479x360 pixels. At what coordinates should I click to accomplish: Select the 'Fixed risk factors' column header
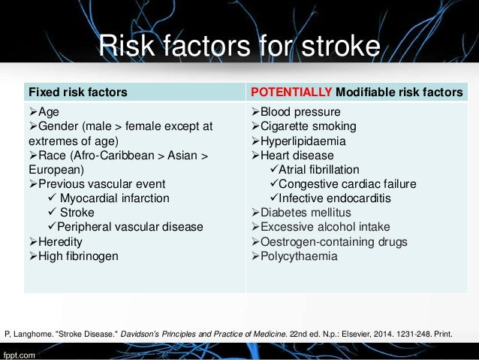[x=77, y=92]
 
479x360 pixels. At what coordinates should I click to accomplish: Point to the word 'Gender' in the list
[x=59, y=126]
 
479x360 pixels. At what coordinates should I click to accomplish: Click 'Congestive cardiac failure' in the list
[x=348, y=184]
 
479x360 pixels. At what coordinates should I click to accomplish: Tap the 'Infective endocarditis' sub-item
[x=336, y=198]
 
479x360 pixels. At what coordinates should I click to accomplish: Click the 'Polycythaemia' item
[x=298, y=256]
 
